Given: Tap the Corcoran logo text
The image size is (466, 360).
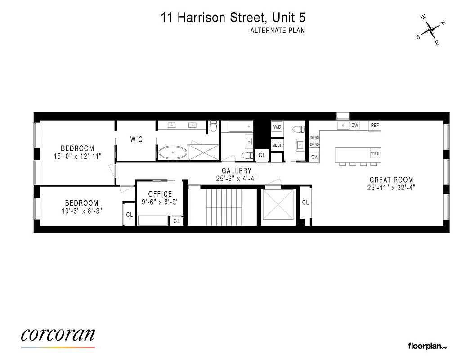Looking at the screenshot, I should click(x=58, y=335).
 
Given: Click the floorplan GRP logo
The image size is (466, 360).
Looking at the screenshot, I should click(x=427, y=346).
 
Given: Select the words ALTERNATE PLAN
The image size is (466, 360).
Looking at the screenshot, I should click(x=278, y=31).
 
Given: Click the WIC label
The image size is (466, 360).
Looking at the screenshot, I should click(x=137, y=139).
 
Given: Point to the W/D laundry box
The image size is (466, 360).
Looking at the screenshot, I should click(x=277, y=127).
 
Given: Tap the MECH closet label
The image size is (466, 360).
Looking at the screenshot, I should click(x=277, y=145).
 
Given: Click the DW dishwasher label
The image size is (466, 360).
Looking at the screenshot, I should click(x=355, y=126).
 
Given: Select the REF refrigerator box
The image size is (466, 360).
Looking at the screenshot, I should click(x=375, y=126).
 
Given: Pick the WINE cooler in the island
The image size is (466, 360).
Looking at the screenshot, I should click(x=375, y=154).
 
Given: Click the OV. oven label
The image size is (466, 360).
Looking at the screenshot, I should click(x=314, y=157).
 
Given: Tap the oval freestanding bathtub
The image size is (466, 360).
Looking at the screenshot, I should click(x=173, y=153).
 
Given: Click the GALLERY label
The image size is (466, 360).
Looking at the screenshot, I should click(x=237, y=171).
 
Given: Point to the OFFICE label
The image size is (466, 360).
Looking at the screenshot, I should click(x=160, y=194).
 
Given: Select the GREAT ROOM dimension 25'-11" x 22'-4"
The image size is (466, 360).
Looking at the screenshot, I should click(x=391, y=188).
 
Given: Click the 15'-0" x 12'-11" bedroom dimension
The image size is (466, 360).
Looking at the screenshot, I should click(x=77, y=156).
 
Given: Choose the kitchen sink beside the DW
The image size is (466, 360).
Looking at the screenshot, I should click(x=344, y=126).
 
